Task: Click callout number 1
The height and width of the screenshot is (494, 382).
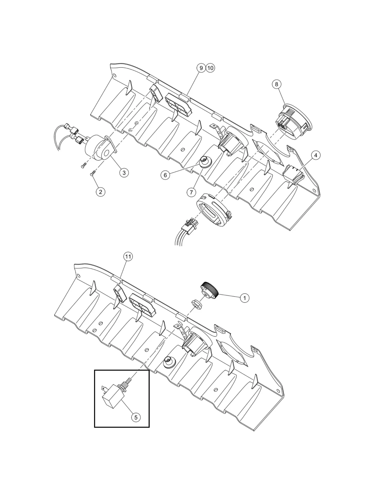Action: tap(244, 298)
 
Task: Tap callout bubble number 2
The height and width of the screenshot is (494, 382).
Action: tap(100, 192)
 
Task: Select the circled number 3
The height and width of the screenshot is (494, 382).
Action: tap(124, 173)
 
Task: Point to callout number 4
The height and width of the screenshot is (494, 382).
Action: tap(316, 155)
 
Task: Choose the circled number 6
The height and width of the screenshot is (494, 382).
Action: tap(165, 175)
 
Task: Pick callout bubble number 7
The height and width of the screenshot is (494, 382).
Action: tap(191, 192)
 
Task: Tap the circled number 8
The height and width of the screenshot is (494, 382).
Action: tap(277, 84)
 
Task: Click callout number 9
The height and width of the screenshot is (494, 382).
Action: tap(201, 68)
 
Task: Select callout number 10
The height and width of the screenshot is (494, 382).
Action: tap(210, 68)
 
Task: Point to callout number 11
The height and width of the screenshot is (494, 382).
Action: tap(128, 257)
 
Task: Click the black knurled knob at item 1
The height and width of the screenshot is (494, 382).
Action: tap(210, 289)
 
